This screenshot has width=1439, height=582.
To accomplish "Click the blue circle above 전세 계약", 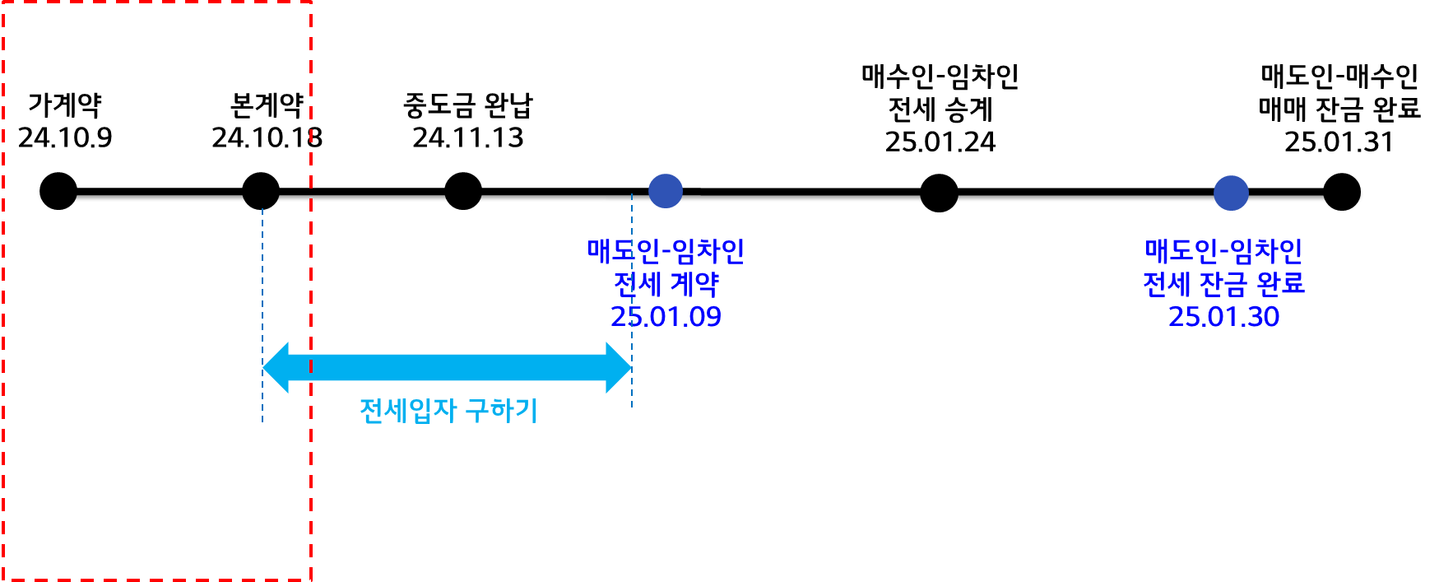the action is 666,191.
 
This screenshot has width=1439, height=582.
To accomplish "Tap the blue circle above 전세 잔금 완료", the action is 1231,193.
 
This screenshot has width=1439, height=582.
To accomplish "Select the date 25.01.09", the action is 666,317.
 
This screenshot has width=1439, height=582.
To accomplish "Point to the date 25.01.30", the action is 1223,317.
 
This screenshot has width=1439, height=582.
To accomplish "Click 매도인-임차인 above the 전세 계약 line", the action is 666,251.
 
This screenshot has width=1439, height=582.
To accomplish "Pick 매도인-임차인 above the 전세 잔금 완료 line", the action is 1223,251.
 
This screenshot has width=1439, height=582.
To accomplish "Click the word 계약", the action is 694,285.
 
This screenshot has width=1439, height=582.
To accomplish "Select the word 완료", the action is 1281,285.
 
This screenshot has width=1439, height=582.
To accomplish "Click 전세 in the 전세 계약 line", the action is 638,285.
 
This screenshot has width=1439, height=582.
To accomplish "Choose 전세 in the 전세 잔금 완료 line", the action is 1167,285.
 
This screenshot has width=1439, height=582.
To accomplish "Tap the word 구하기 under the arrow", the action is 502,410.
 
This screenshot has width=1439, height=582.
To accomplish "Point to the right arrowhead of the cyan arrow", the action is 619,367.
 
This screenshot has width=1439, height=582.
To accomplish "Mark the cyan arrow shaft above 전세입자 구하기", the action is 448,367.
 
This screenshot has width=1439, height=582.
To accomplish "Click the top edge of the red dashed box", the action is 156,2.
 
